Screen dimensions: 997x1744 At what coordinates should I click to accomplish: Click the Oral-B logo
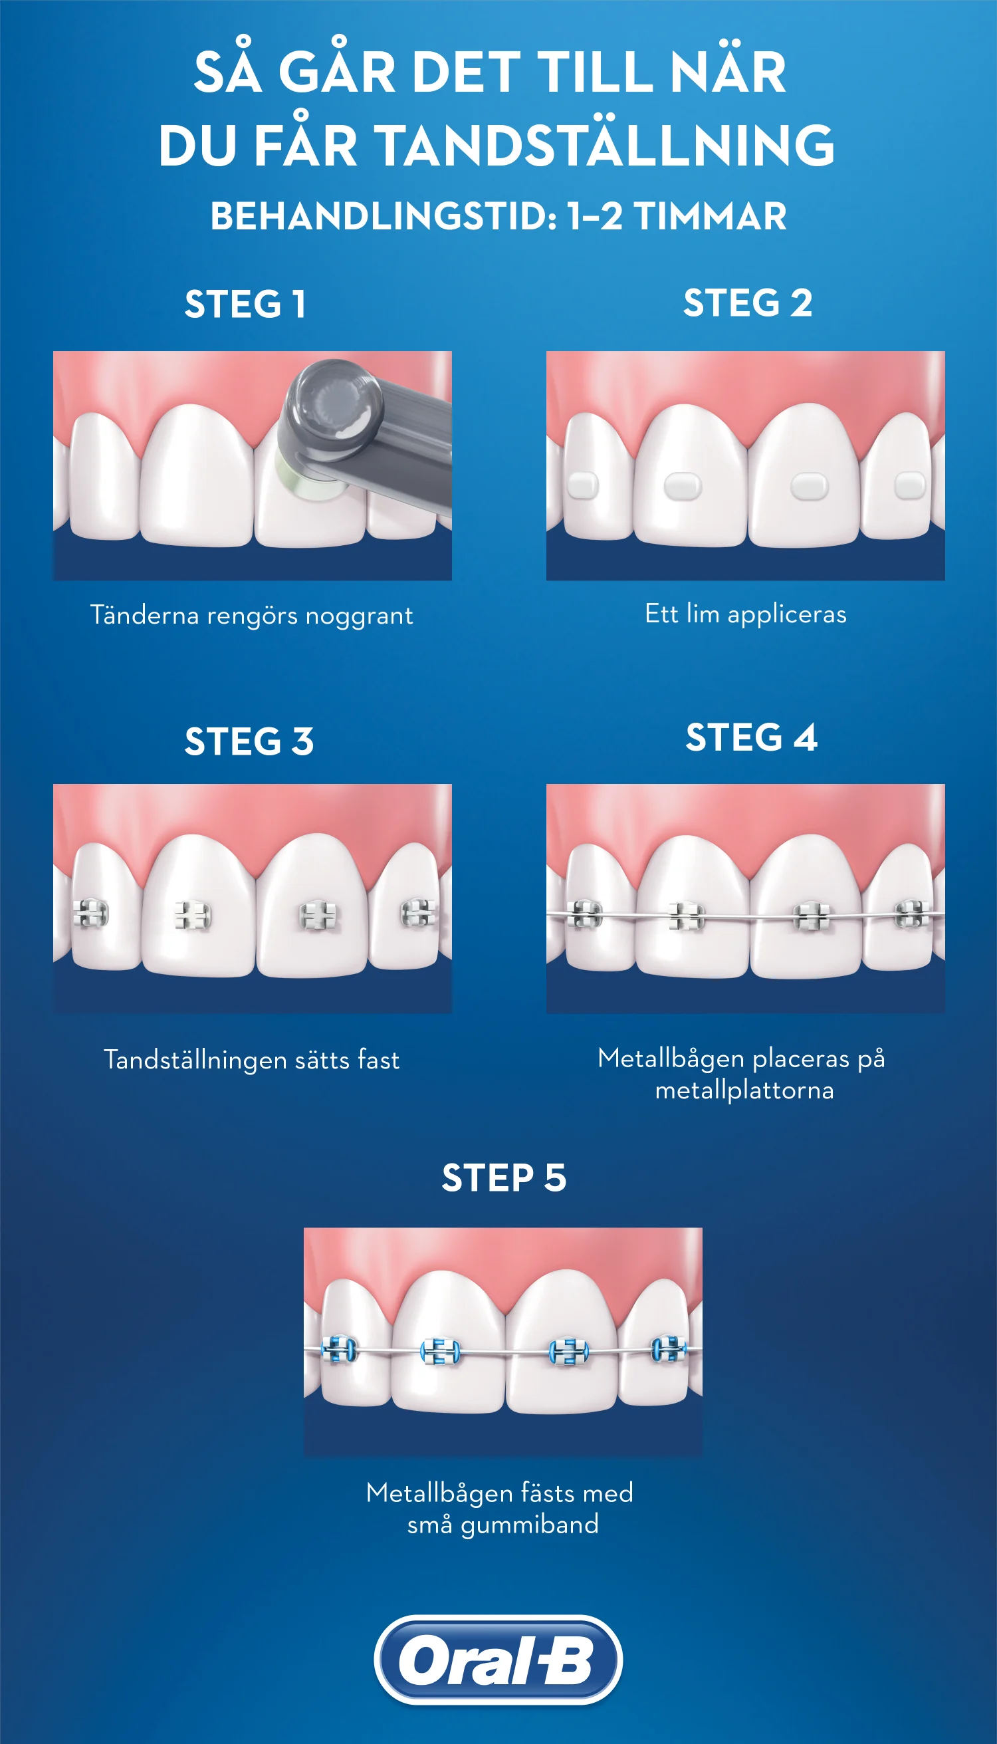coord(498,1660)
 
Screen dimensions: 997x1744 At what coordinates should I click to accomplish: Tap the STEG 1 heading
coord(245,304)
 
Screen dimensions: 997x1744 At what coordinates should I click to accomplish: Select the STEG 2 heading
coord(748,303)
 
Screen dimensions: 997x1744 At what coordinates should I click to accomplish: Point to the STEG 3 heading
coord(249,741)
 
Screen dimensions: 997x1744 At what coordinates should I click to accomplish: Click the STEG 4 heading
coord(751,737)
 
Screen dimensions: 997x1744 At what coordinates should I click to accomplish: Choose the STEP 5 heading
coord(504,1178)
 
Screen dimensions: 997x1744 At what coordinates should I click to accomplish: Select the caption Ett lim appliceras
coord(746,614)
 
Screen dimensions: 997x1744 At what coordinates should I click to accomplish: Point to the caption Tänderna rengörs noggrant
coord(252,616)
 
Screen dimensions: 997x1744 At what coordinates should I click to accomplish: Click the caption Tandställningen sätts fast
coord(252,1060)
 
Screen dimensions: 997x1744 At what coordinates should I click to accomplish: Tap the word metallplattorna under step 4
coord(744,1090)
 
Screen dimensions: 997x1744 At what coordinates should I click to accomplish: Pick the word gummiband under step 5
coord(530,1524)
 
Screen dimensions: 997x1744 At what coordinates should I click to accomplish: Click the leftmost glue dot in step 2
coord(583,485)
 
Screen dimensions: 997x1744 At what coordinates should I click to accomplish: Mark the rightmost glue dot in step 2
coord(910,485)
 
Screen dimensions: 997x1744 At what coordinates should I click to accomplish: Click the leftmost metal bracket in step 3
coord(91,913)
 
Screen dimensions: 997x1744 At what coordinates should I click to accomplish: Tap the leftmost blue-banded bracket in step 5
coord(339,1350)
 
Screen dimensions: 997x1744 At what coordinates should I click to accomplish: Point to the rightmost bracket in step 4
coord(913,914)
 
